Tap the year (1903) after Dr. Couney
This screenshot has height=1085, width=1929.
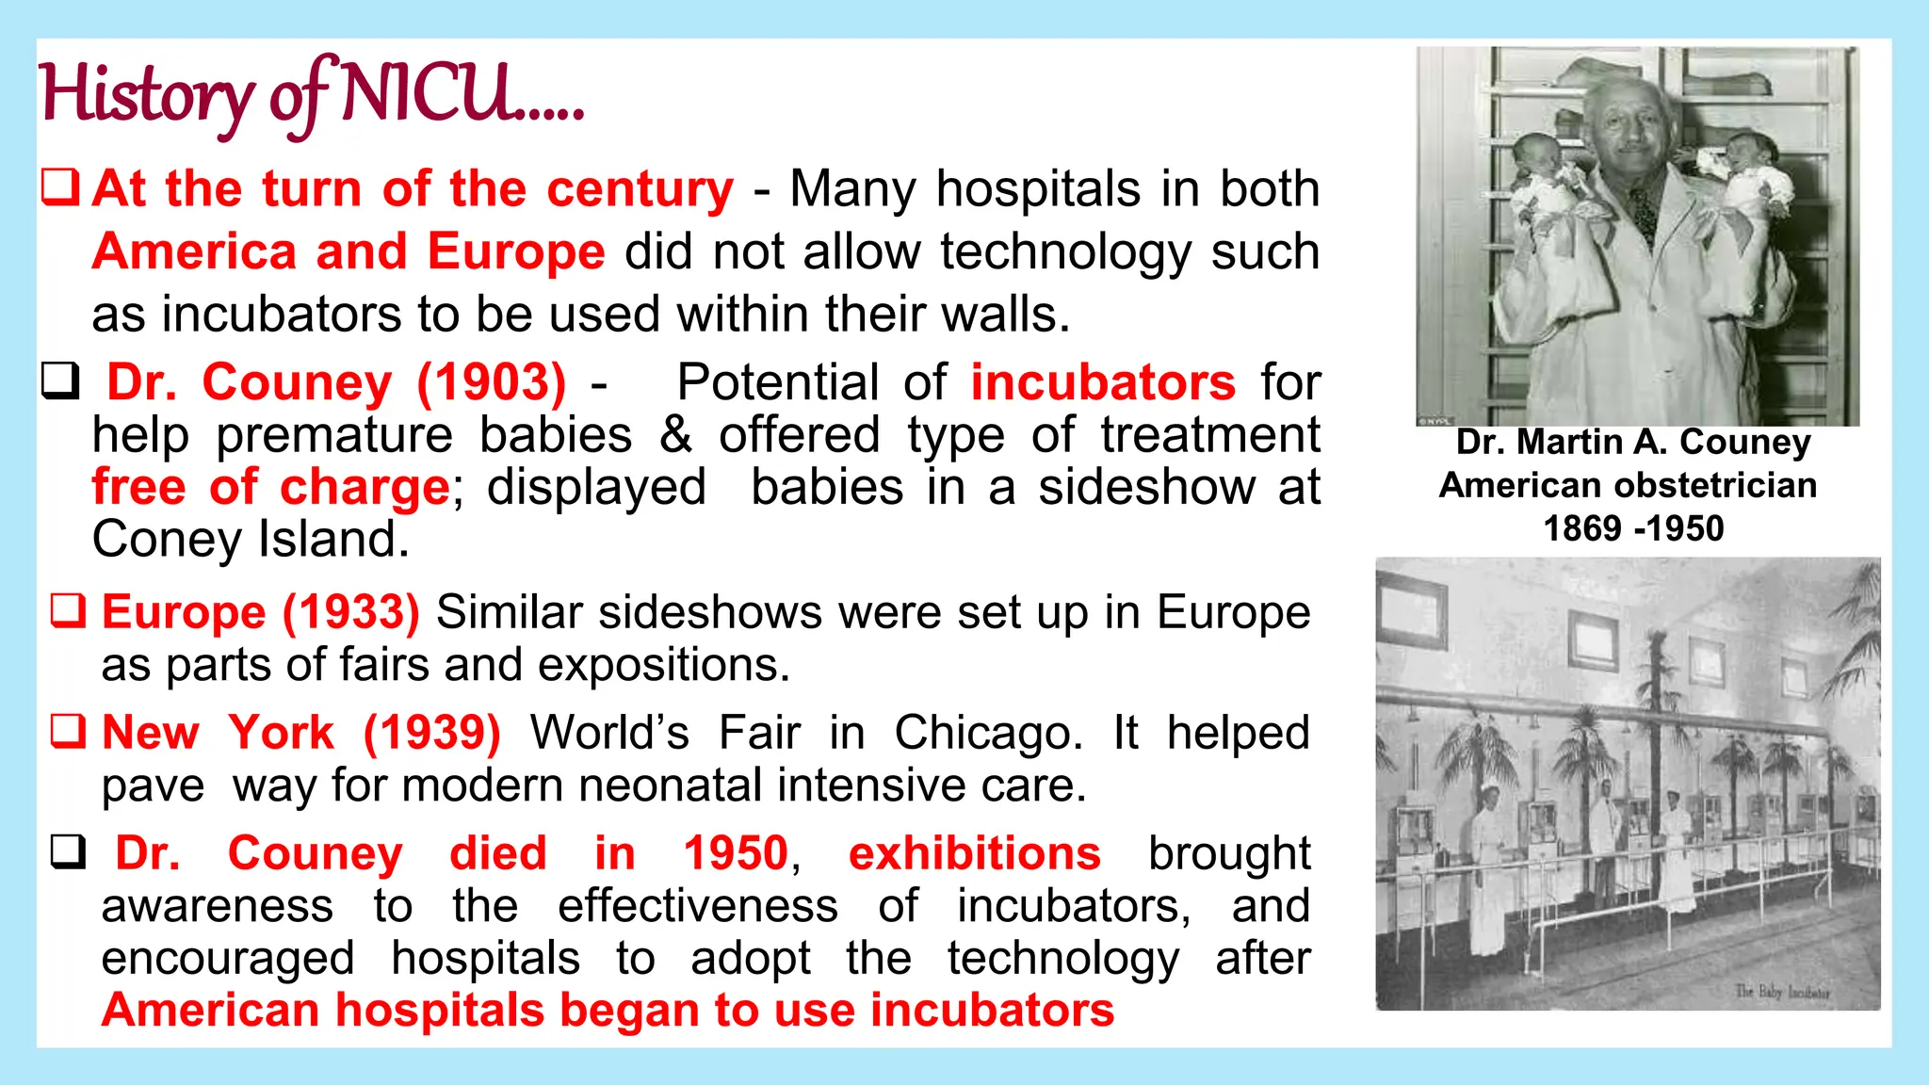[492, 382]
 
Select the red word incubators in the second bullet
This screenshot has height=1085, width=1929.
[1103, 382]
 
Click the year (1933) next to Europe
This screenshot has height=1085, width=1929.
[351, 612]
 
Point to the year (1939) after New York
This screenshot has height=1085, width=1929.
[432, 733]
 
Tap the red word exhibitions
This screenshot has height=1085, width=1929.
[974, 853]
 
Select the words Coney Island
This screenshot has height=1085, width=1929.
[251, 540]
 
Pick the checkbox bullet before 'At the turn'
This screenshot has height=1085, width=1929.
[61, 186]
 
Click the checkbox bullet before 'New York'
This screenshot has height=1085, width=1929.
[69, 731]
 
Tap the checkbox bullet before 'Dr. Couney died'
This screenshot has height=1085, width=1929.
[69, 851]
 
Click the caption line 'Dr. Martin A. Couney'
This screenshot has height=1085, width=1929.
[1633, 442]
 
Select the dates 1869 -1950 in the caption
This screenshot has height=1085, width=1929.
[1633, 528]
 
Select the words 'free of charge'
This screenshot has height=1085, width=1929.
[271, 488]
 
